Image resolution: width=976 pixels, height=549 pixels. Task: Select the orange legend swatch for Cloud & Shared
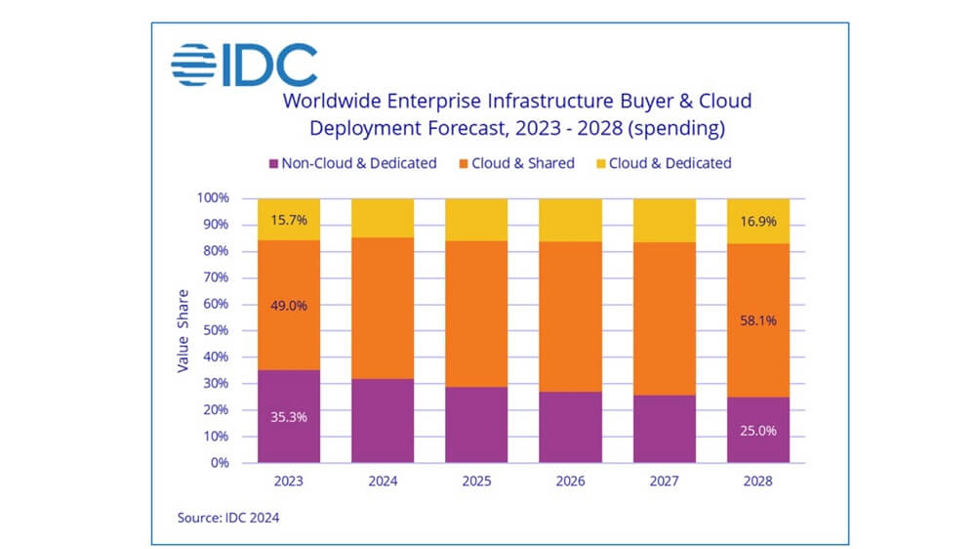pyautogui.click(x=463, y=164)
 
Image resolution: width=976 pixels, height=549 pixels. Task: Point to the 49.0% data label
pyautogui.click(x=289, y=305)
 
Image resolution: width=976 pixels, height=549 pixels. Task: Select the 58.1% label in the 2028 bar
pyautogui.click(x=757, y=319)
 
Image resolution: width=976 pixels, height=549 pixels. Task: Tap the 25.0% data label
pyautogui.click(x=757, y=430)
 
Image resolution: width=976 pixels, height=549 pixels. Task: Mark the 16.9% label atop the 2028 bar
pyautogui.click(x=757, y=224)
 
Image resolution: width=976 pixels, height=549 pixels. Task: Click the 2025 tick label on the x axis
pyautogui.click(x=476, y=480)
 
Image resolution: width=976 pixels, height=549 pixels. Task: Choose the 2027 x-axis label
pyautogui.click(x=664, y=480)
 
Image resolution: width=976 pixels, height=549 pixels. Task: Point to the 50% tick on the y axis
pyautogui.click(x=214, y=330)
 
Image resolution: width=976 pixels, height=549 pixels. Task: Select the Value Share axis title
pyautogui.click(x=183, y=330)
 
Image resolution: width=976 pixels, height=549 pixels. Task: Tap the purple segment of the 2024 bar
pyautogui.click(x=383, y=420)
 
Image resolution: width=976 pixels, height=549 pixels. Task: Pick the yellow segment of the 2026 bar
pyautogui.click(x=570, y=220)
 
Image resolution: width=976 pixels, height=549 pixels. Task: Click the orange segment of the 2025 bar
pyautogui.click(x=476, y=313)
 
